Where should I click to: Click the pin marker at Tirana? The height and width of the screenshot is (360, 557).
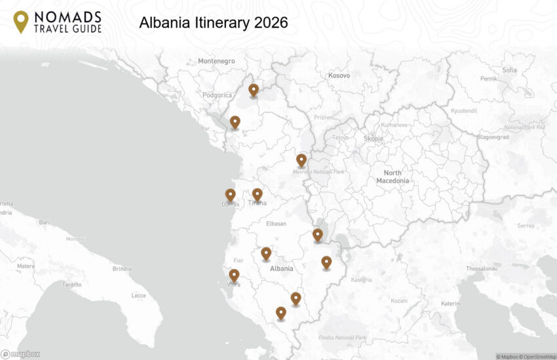(258, 195)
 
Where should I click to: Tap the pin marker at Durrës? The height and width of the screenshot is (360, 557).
(230, 195)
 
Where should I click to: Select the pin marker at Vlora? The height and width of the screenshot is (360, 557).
(234, 275)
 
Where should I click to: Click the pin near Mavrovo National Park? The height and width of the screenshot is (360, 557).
(301, 160)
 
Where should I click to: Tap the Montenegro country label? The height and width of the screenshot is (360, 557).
(216, 61)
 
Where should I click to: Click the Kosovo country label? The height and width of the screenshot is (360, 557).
(339, 75)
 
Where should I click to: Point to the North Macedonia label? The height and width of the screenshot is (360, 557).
(393, 176)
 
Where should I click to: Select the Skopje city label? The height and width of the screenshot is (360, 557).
(375, 138)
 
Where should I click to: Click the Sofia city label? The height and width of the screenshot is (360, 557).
(509, 70)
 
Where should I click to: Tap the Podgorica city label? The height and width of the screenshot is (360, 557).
(218, 95)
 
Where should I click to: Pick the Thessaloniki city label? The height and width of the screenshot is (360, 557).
(481, 269)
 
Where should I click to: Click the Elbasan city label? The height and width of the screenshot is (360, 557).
(276, 224)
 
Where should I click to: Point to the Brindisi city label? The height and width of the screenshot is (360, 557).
(122, 269)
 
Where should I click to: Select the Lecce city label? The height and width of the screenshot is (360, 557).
(139, 296)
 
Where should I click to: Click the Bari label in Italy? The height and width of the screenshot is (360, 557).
(45, 223)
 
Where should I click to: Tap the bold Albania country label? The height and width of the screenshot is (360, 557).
(282, 269)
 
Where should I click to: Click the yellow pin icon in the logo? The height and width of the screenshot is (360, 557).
(21, 21)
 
